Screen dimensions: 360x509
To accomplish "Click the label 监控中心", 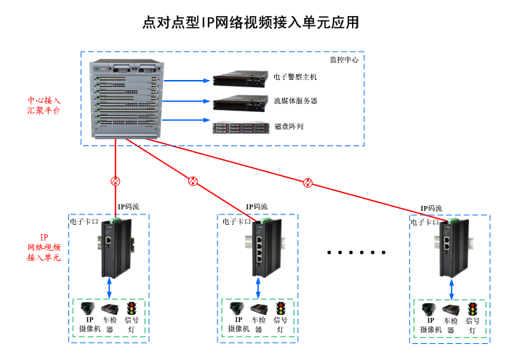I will pyautogui.click(x=345, y=59).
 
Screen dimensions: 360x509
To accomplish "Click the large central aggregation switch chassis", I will pyautogui.click(x=127, y=99).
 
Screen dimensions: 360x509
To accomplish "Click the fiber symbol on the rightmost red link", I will pyautogui.click(x=308, y=183).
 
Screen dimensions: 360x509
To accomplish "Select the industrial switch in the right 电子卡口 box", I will pyautogui.click(x=449, y=249).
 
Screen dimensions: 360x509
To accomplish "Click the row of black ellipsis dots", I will pyautogui.click(x=356, y=252).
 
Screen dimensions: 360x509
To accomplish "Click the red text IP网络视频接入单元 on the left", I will pyautogui.click(x=44, y=247).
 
